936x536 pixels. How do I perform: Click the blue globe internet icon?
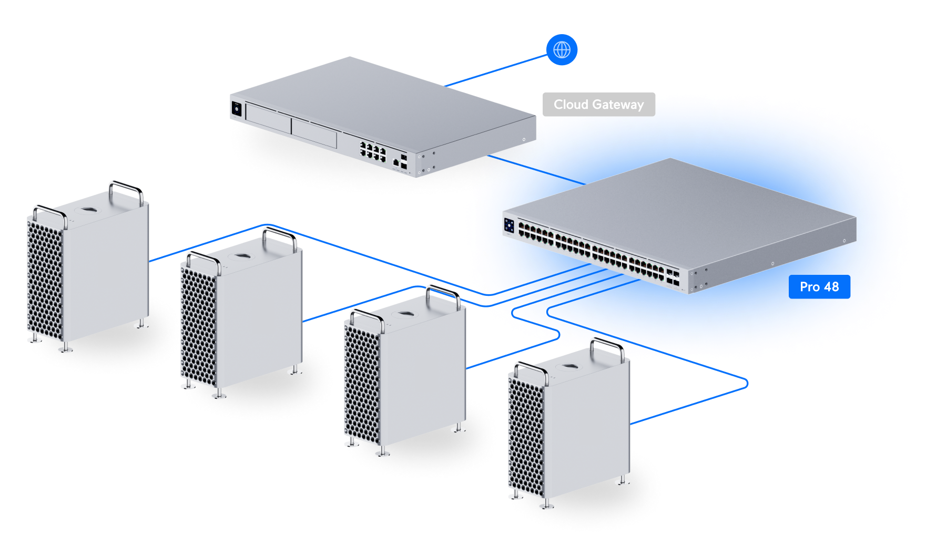click(562, 50)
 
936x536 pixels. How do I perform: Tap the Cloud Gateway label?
click(598, 105)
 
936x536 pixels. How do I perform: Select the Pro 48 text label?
click(819, 287)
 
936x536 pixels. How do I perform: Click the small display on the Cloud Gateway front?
click(237, 109)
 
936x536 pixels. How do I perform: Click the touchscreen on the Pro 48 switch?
click(508, 225)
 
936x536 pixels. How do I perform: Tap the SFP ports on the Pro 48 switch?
click(673, 277)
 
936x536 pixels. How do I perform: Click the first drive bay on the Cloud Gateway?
click(268, 119)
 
